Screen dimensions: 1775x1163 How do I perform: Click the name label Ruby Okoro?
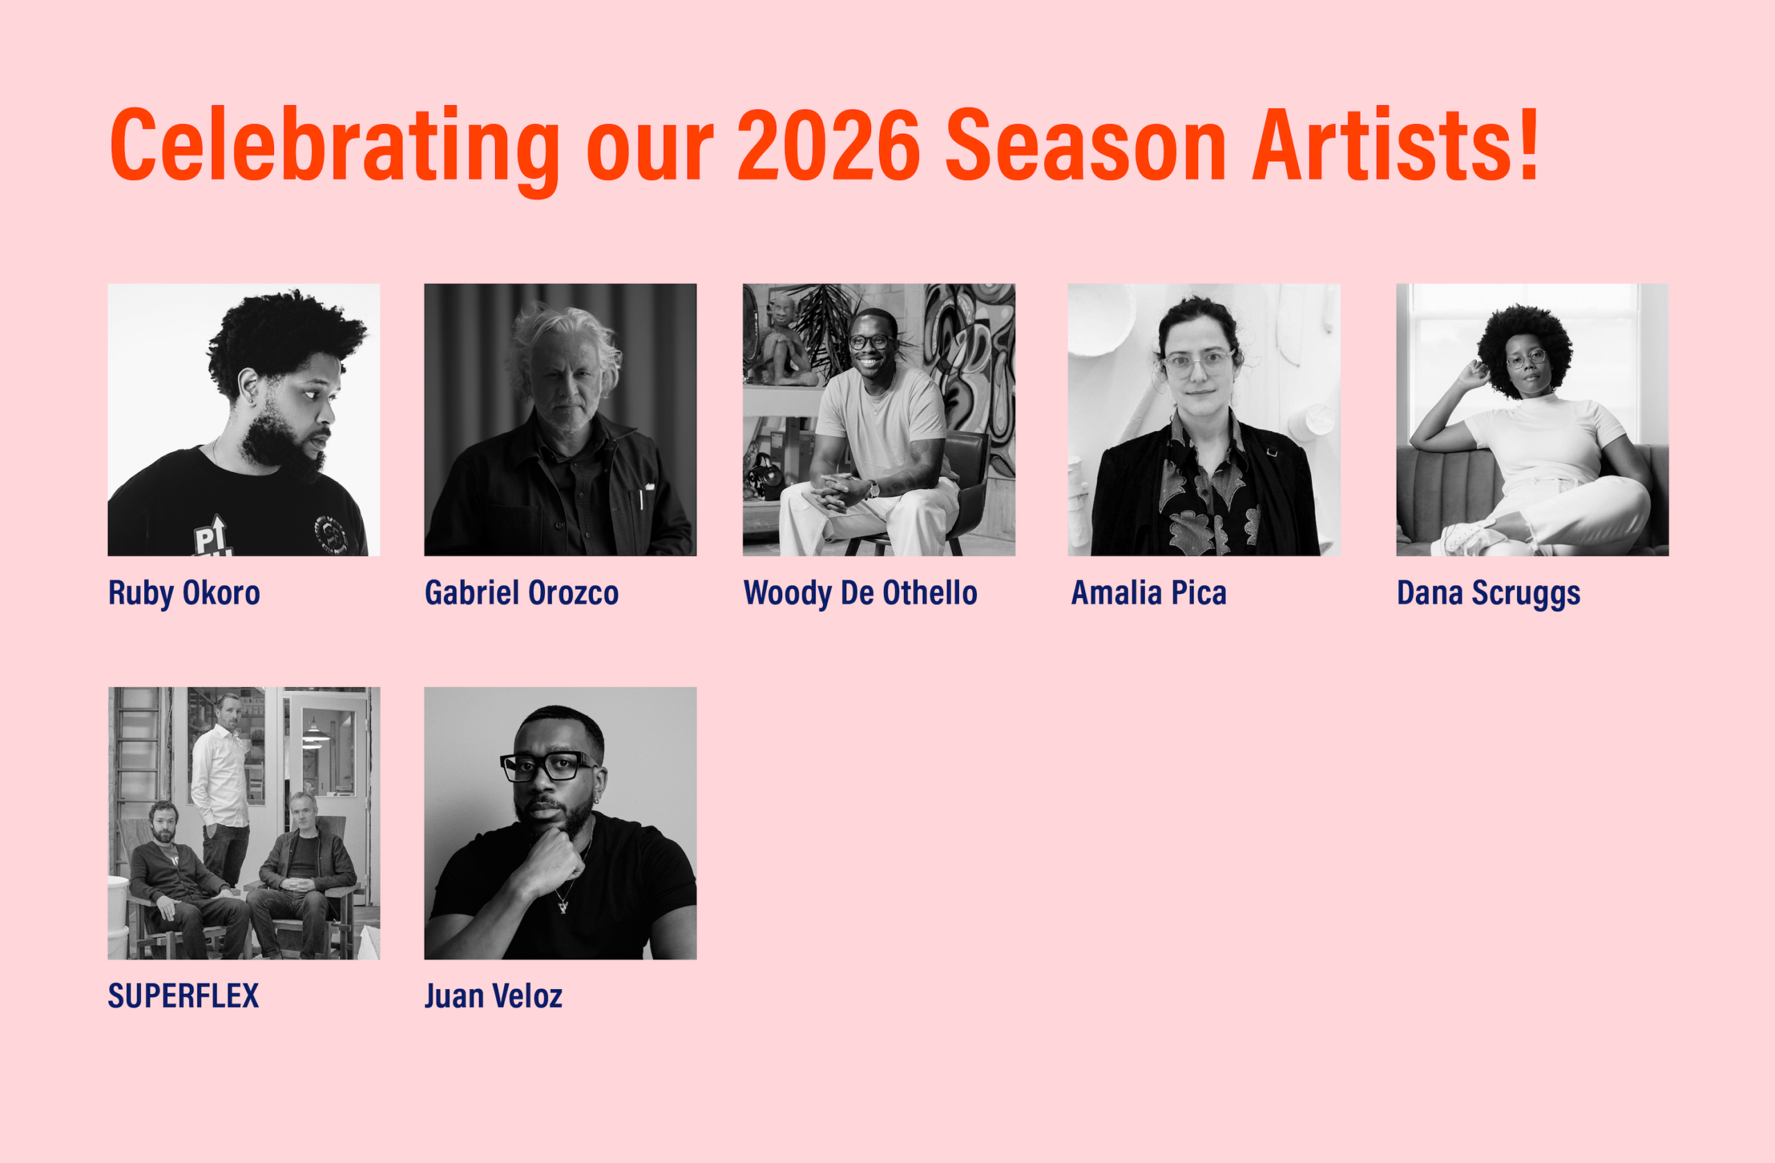[184, 593]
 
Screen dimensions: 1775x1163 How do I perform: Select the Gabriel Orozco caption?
[521, 593]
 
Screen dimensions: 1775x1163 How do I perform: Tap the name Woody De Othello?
[860, 593]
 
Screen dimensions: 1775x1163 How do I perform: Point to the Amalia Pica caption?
[1148, 593]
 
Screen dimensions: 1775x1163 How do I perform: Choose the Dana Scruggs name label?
[1488, 593]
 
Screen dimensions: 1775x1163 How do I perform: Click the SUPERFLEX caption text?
[184, 996]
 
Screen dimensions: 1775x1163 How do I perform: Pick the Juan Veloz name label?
[493, 996]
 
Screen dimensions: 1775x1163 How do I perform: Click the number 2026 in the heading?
[829, 145]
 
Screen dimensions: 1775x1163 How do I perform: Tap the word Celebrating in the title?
[335, 149]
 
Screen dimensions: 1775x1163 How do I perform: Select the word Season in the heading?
[1085, 145]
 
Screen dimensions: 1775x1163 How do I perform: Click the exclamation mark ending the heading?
[1528, 143]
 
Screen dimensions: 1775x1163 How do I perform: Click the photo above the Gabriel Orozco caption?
[560, 420]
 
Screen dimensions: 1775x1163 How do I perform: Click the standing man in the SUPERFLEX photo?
[221, 790]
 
